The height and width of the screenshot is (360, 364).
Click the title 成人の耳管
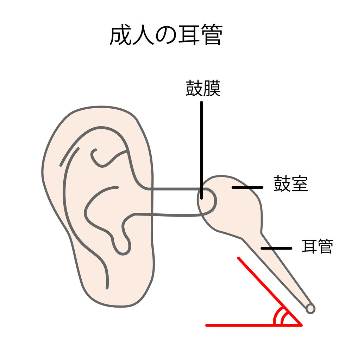(x=166, y=36)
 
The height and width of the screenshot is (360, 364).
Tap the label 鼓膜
(x=203, y=89)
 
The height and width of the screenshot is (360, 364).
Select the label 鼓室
(x=290, y=184)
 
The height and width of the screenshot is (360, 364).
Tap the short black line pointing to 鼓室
(x=247, y=187)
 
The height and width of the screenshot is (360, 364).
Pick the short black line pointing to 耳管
(x=276, y=248)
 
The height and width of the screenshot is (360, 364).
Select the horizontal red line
(x=246, y=325)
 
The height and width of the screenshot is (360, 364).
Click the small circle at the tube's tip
(x=310, y=308)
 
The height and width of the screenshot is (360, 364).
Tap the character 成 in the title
(x=120, y=36)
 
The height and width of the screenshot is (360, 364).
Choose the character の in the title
(x=166, y=36)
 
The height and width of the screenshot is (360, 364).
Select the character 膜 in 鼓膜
(x=212, y=89)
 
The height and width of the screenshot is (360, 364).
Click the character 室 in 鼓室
(x=300, y=184)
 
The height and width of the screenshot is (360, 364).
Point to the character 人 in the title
(x=143, y=36)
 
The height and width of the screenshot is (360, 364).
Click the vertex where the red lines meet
(x=301, y=325)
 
